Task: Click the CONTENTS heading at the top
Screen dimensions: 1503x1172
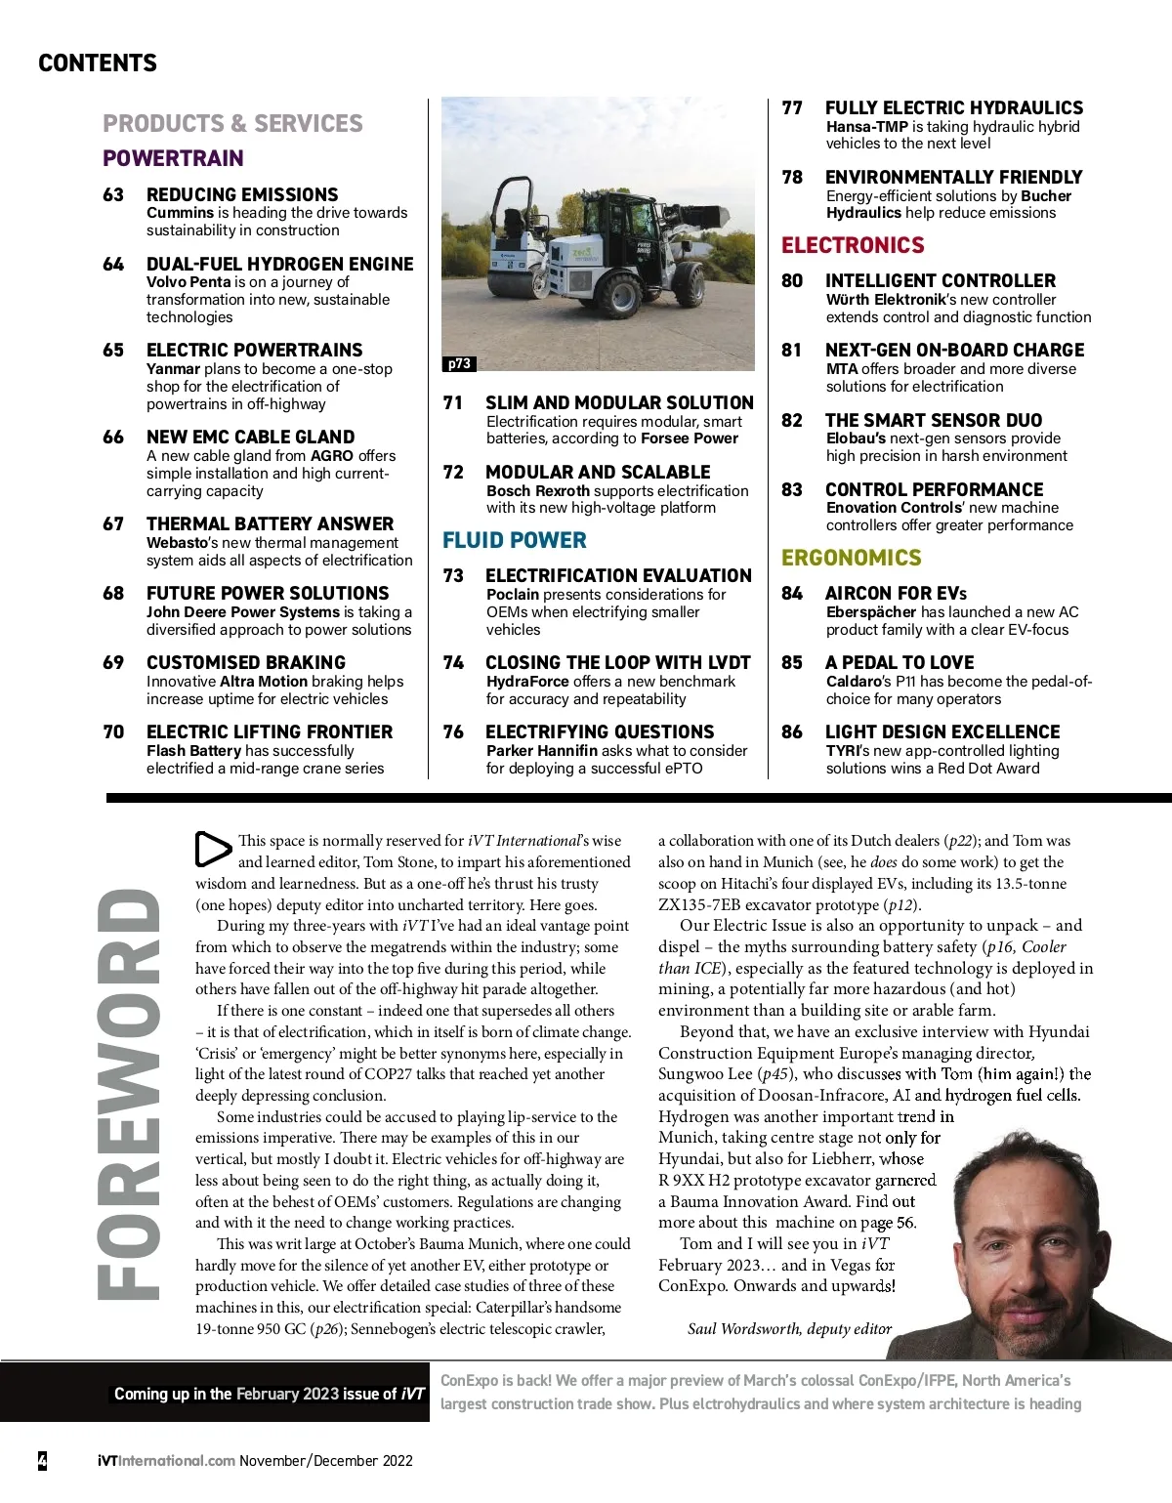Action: [98, 63]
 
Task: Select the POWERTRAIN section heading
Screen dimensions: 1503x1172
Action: [173, 158]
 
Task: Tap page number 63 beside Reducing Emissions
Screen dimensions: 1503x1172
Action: [113, 194]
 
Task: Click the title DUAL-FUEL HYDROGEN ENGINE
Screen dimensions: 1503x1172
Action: [279, 264]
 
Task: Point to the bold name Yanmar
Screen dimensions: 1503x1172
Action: [173, 369]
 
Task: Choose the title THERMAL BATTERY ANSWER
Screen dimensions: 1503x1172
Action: [270, 523]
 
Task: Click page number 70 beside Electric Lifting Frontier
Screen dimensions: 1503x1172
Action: [113, 731]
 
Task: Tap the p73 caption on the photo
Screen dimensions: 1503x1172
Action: [458, 363]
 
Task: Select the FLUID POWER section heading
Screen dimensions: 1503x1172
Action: [515, 540]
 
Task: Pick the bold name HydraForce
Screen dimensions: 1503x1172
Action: [527, 682]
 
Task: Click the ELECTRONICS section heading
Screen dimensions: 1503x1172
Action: [853, 245]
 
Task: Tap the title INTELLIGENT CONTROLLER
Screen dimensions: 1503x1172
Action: [940, 280]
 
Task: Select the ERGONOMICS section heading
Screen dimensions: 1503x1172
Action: [851, 558]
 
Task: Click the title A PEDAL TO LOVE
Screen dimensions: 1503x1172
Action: [899, 662]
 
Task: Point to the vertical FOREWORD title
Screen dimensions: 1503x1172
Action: [128, 1093]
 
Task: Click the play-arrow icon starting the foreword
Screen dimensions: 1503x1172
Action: [212, 849]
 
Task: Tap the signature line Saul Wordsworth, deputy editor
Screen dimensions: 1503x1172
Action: [789, 1329]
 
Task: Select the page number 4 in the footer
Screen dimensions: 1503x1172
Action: [42, 1461]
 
